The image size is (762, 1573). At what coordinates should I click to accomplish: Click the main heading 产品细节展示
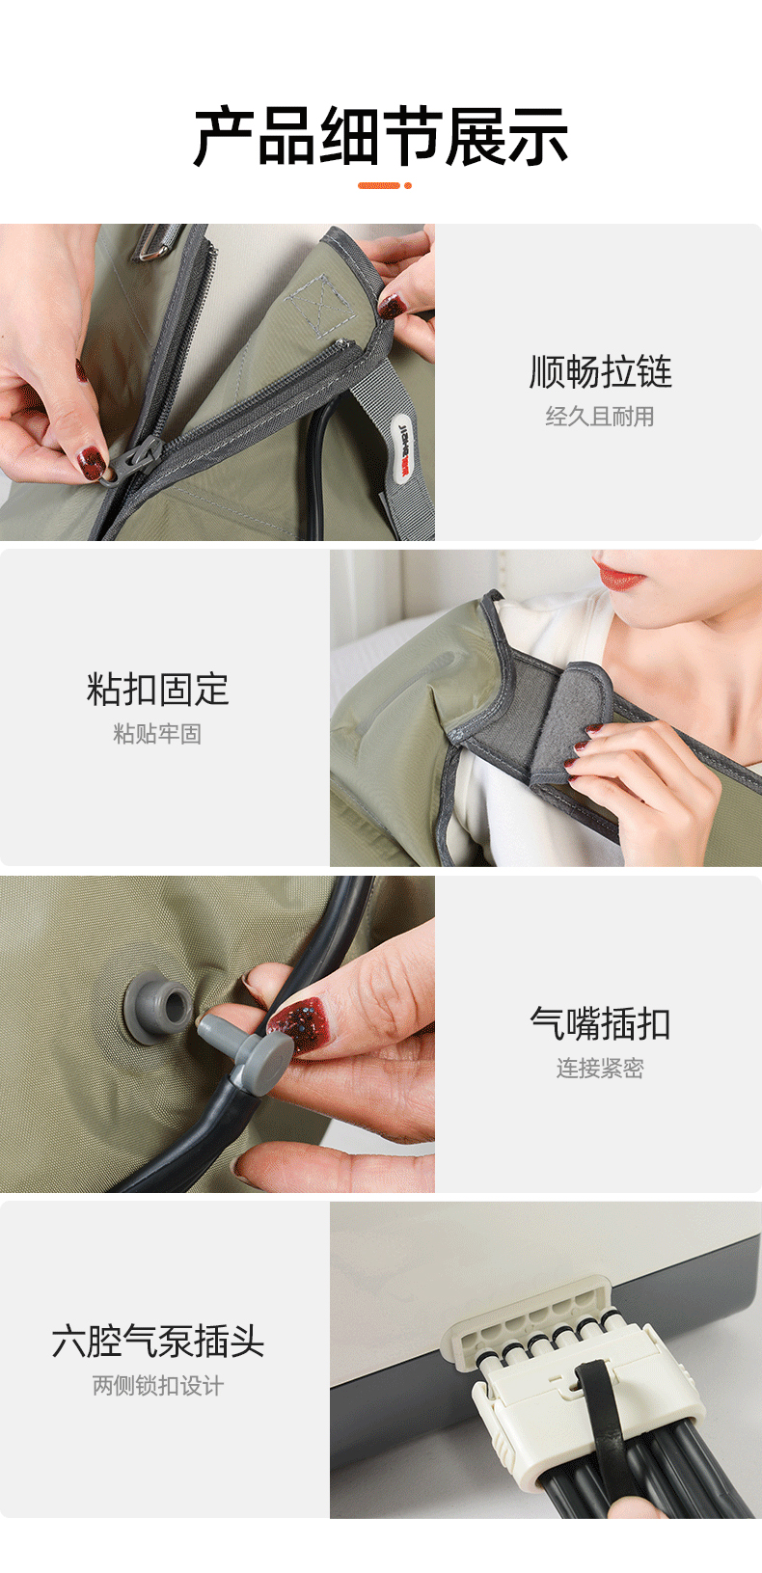point(381,136)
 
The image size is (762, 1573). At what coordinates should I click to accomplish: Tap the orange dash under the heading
point(379,185)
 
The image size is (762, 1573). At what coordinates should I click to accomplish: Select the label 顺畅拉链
point(601,371)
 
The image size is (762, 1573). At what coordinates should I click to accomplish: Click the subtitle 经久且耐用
point(600,417)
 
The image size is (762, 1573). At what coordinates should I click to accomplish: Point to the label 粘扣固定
point(158,689)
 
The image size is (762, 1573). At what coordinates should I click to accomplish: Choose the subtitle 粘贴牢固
point(158,734)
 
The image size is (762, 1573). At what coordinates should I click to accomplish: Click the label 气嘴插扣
point(601,1023)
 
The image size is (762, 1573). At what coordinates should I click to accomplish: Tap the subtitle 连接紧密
point(601,1068)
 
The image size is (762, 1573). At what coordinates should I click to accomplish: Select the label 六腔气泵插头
point(158,1341)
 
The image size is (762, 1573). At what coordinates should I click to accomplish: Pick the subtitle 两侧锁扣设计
point(158,1386)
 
